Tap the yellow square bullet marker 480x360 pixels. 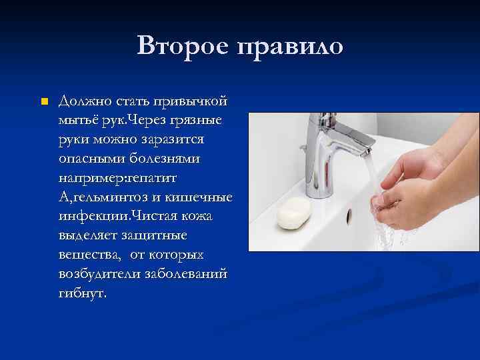(x=44, y=102)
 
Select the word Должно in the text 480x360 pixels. (x=81, y=101)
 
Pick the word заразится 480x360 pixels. (x=175, y=140)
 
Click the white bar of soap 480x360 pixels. (x=294, y=213)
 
